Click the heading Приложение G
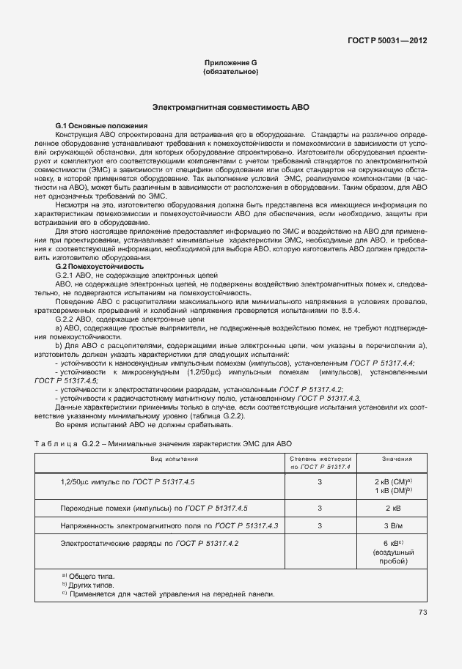click(230, 64)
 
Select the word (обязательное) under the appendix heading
click(230, 73)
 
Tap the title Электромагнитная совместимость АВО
click(230, 107)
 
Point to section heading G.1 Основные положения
click(92, 126)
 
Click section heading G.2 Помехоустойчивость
click(89, 267)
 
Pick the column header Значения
click(396, 459)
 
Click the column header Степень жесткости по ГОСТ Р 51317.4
click(320, 462)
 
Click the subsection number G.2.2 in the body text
click(66, 320)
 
